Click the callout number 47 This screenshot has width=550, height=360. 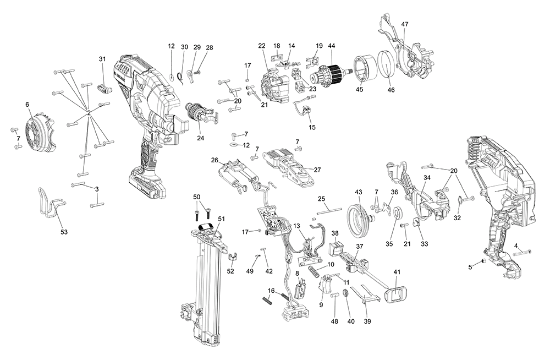pyautogui.click(x=404, y=24)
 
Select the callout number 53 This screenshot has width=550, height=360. pyautogui.click(x=64, y=232)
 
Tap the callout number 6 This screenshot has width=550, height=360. pyautogui.click(x=27, y=104)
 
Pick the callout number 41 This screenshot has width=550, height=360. pyautogui.click(x=397, y=272)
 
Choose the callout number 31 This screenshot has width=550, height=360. pyautogui.click(x=102, y=59)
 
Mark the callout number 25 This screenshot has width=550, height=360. pyautogui.click(x=322, y=198)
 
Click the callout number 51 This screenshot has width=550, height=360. pyautogui.click(x=221, y=219)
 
